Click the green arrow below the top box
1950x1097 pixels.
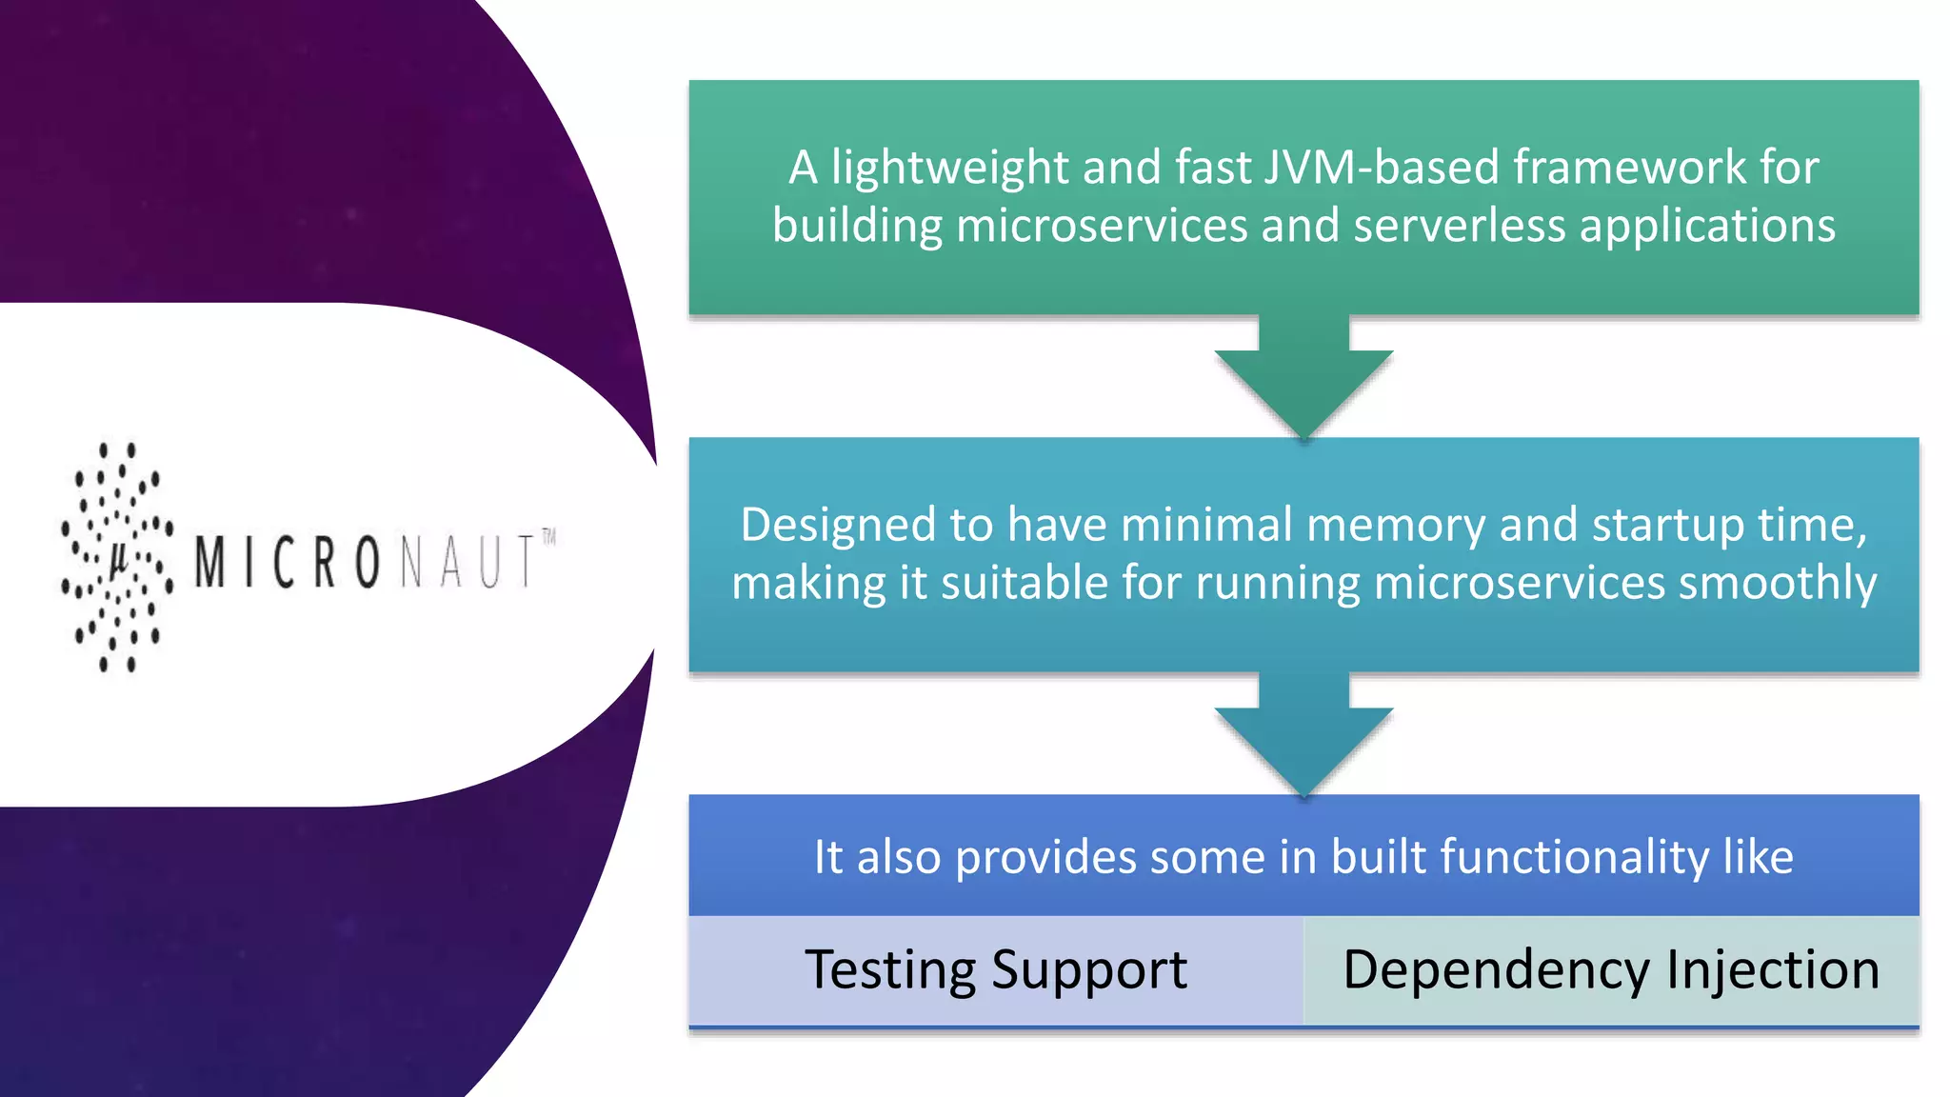point(1303,381)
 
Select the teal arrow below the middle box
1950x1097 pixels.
point(1303,738)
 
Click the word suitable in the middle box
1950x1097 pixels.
point(1024,583)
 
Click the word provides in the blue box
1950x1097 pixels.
point(1045,858)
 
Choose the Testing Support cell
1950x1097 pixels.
point(996,970)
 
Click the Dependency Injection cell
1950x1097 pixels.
point(1611,970)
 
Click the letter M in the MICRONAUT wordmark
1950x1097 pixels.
point(210,562)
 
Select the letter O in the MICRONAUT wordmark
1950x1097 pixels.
point(368,563)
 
